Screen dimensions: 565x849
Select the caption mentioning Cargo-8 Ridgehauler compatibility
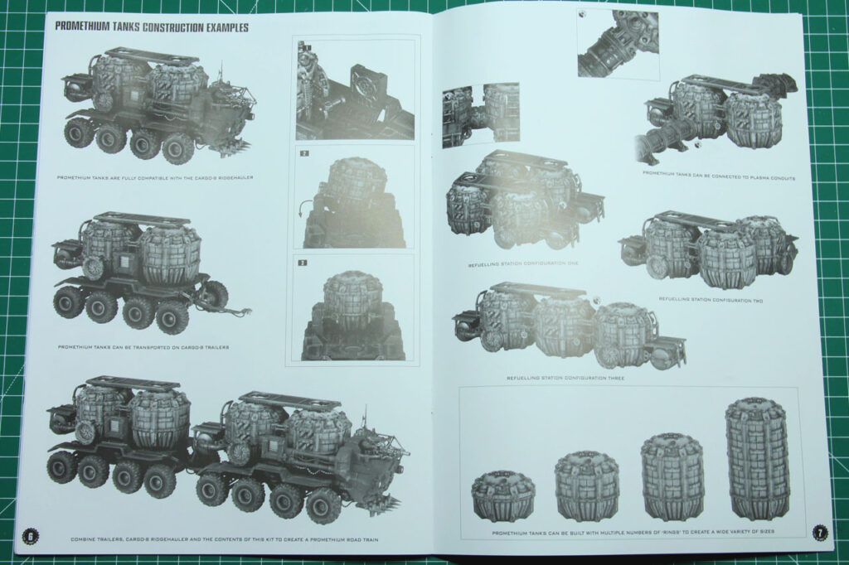(155, 177)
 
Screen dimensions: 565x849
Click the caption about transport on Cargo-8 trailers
(143, 347)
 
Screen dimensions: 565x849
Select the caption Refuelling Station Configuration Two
(711, 300)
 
